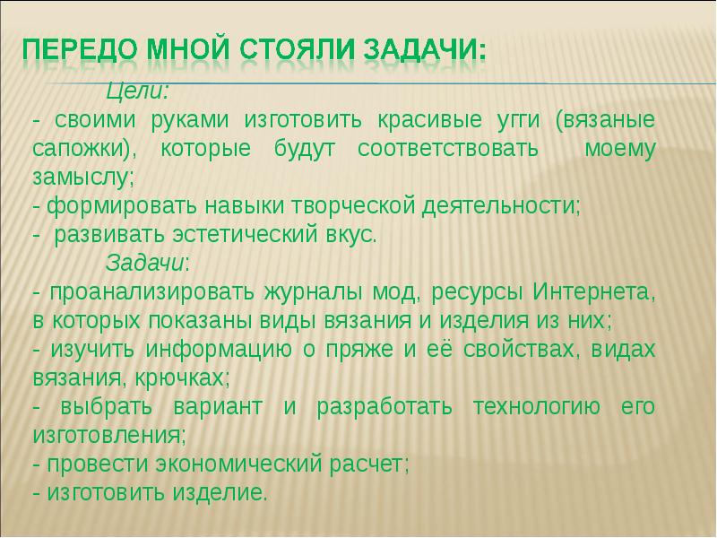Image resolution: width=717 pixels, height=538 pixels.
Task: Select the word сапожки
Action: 76,149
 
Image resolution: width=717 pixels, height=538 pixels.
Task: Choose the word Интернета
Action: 592,293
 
